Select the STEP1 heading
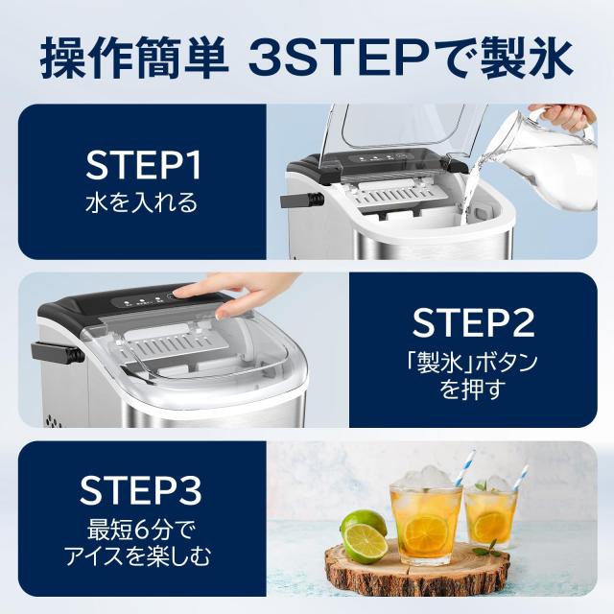(143, 166)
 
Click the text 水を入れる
(143, 203)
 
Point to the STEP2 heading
(474, 322)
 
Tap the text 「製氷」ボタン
(474, 362)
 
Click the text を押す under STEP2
(474, 390)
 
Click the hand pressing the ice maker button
(221, 288)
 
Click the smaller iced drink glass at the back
(493, 513)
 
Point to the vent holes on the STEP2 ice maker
(51, 419)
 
